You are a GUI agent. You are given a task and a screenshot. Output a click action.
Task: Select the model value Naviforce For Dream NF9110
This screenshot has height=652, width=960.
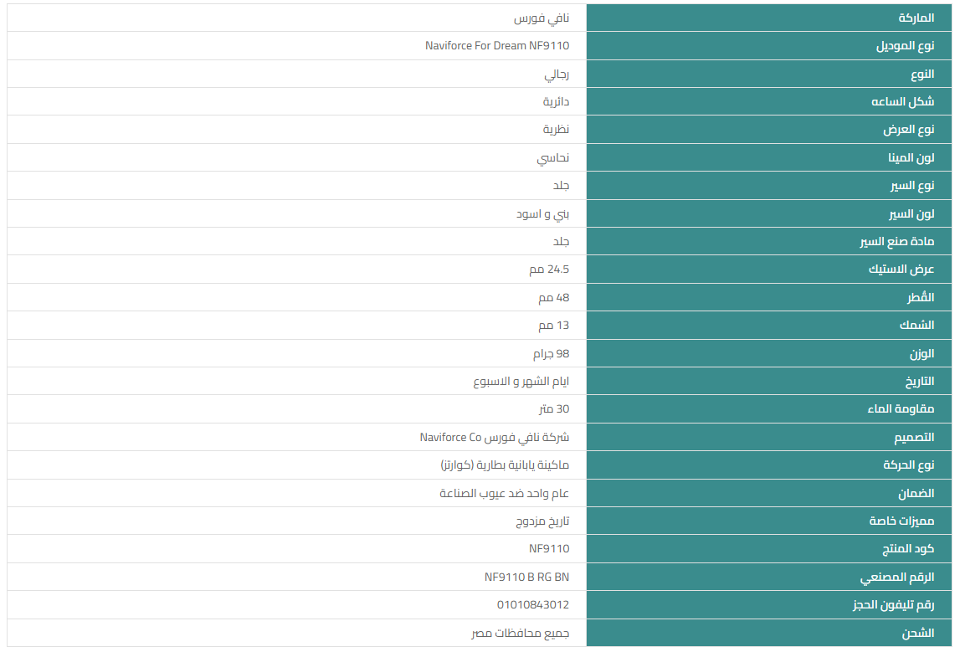click(x=497, y=46)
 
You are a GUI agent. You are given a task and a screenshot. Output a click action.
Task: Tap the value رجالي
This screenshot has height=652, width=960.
click(x=557, y=74)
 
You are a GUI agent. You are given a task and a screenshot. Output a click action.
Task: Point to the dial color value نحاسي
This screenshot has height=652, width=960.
click(x=553, y=157)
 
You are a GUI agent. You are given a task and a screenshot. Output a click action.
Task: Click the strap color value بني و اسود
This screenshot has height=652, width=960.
click(x=542, y=213)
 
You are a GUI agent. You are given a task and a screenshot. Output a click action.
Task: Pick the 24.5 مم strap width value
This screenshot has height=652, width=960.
click(x=549, y=270)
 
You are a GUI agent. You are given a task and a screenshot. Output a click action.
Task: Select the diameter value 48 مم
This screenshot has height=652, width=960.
click(x=553, y=297)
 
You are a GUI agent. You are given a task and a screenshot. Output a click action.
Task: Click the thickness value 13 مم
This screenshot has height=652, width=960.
click(x=553, y=325)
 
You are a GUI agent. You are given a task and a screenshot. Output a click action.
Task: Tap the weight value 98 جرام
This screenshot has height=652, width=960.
click(x=551, y=353)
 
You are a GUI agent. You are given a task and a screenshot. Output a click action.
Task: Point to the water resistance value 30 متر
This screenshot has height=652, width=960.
click(x=553, y=409)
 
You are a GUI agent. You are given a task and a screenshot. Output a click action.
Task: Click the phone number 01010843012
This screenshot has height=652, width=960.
click(x=532, y=604)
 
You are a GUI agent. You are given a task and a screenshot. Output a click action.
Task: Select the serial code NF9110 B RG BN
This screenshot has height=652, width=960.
click(x=526, y=577)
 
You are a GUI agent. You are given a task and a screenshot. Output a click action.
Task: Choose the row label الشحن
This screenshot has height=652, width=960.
click(x=917, y=633)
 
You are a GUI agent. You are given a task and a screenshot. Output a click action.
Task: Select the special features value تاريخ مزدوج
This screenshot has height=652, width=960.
click(x=542, y=521)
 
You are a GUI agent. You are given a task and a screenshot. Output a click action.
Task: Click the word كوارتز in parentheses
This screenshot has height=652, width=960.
click(x=455, y=465)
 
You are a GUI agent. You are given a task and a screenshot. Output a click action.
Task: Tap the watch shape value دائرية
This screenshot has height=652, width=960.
click(x=556, y=101)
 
